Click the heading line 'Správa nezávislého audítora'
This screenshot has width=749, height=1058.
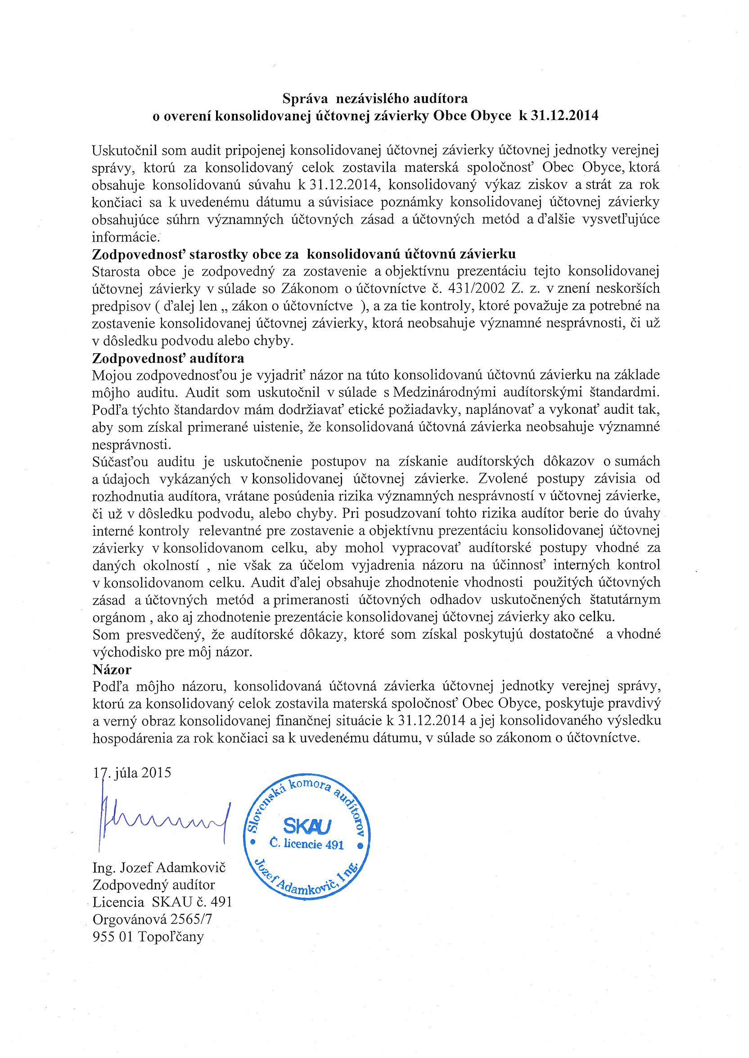pyautogui.click(x=375, y=99)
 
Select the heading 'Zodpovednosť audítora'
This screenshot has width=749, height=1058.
pyautogui.click(x=168, y=358)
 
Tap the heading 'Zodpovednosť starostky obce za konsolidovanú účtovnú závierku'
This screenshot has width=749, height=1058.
pyautogui.click(x=304, y=254)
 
